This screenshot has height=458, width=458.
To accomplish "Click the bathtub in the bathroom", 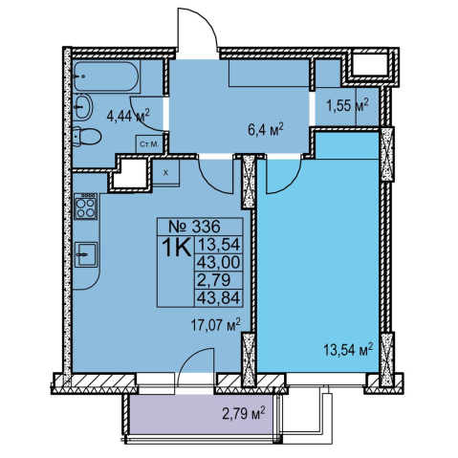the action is [106, 76].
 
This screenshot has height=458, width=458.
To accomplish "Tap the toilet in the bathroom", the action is [86, 137].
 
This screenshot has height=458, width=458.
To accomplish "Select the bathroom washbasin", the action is [83, 107].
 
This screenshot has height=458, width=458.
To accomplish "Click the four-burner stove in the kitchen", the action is [85, 207].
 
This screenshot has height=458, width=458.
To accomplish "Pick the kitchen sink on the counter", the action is [86, 254].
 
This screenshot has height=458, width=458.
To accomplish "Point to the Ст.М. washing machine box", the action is [149, 144].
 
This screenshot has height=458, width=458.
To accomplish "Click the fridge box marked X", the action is [165, 172].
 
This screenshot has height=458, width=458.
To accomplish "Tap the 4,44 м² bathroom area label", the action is [128, 116].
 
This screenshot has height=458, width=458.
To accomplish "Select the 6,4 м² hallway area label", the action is [266, 131].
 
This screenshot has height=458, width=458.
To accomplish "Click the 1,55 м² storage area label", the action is [348, 105].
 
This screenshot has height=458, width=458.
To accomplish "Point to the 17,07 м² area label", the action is [215, 325].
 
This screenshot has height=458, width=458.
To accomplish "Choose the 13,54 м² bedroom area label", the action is [348, 350].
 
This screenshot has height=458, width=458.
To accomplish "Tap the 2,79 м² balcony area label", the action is [244, 415].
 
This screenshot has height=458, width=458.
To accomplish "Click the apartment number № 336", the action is [194, 227].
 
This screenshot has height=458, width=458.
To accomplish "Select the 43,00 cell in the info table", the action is [219, 263].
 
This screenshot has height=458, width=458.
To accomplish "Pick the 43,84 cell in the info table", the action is [219, 298].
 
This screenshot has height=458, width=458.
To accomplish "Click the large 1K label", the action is [176, 248].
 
